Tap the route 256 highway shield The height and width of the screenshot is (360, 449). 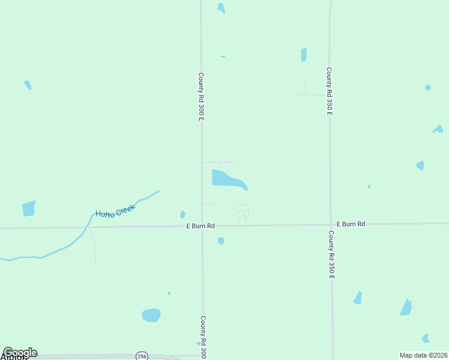[142, 356]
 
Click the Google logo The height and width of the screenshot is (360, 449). [20, 353]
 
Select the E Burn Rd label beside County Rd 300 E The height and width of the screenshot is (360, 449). [200, 226]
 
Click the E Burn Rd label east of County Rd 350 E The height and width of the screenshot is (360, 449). [351, 224]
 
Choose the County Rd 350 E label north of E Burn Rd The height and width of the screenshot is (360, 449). [330, 91]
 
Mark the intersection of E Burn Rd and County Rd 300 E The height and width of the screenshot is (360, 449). [202, 226]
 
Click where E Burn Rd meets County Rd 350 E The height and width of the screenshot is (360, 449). [330, 224]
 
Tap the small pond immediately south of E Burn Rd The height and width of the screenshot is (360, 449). [221, 241]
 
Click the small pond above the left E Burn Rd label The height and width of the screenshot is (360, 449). [182, 214]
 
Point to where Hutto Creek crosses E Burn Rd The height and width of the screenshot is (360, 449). [88, 227]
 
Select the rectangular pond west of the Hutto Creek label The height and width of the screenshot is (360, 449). [29, 208]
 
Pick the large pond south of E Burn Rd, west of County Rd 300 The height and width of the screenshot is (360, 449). [151, 315]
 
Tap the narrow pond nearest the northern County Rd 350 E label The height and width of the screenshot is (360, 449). [304, 55]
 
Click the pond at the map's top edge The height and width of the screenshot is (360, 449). [221, 7]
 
